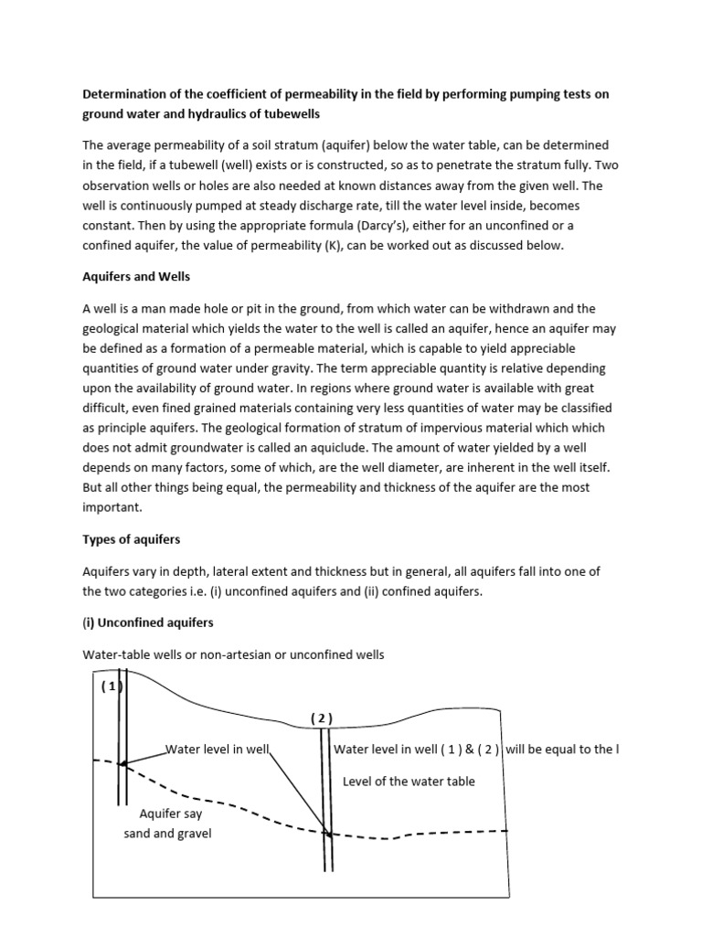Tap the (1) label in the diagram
(x=112, y=687)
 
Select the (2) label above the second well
(x=322, y=718)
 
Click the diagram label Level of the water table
(x=409, y=781)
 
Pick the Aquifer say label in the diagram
(x=170, y=813)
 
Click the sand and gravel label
(x=167, y=834)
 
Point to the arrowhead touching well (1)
(x=123, y=762)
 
